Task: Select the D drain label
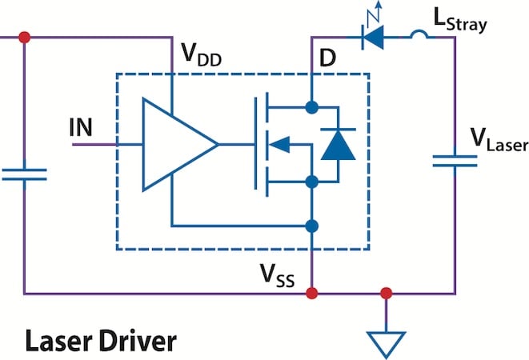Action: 327,58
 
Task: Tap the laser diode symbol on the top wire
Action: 371,37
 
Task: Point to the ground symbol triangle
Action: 386,342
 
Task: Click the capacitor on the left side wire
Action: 24,174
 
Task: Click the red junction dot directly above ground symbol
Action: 386,293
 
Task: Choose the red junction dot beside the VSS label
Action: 311,293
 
